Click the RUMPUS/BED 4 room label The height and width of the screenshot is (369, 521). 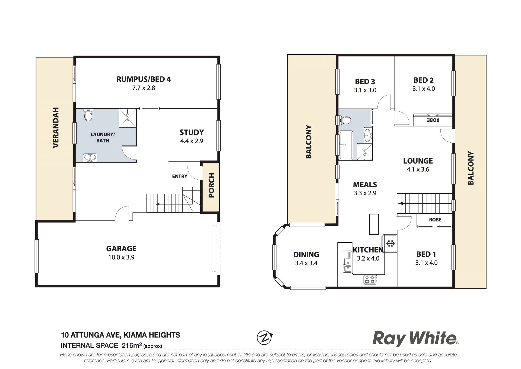pos(144,79)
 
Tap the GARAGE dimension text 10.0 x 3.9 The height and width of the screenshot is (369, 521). pos(121,257)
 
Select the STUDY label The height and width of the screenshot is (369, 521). pos(192,132)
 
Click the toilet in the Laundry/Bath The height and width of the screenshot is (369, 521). pos(88,115)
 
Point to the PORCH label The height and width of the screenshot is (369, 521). pos(211,185)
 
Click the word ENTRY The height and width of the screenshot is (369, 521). pos(180,176)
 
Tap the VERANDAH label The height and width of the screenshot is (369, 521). pos(56,127)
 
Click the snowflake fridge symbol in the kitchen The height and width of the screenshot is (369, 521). pos(390,243)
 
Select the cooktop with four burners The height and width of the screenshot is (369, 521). pos(370,279)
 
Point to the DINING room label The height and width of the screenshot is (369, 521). pos(306,255)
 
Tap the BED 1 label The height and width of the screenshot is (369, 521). pos(426,254)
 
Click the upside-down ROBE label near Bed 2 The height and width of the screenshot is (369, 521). pos(433,120)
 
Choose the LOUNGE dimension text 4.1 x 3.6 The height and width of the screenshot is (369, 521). pos(418,170)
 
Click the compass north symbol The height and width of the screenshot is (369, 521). pos(265,338)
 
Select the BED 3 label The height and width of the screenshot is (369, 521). pos(365,82)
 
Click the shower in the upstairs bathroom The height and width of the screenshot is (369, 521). pos(365,152)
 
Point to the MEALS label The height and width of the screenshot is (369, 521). pos(365,185)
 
